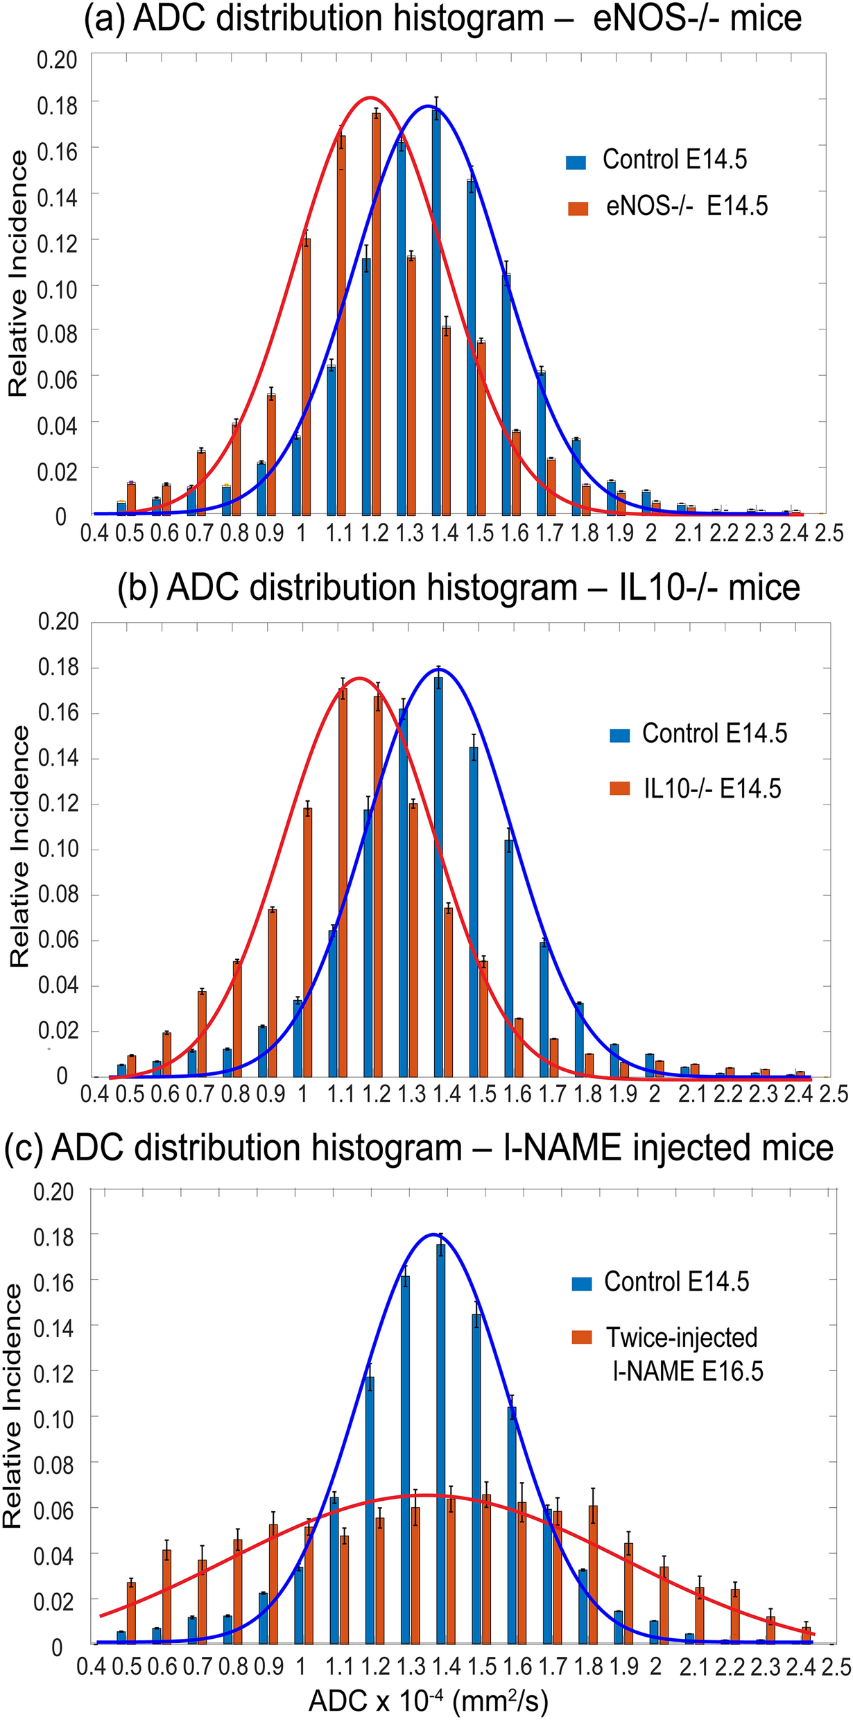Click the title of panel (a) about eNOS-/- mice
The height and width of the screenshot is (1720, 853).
(442, 19)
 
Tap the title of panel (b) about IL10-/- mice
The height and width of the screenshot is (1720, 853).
(458, 587)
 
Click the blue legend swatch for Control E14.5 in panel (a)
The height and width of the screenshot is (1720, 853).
(576, 162)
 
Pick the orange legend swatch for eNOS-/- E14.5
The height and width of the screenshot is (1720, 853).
(577, 208)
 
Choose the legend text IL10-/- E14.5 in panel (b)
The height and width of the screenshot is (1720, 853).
(712, 789)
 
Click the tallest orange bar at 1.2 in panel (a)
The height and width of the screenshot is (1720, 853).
(376, 312)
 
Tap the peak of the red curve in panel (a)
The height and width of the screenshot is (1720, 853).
(370, 98)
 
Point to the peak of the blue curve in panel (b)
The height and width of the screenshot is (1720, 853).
(440, 669)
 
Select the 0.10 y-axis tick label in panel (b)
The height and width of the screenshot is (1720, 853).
(57, 850)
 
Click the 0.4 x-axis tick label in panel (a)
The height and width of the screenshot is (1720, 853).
(95, 533)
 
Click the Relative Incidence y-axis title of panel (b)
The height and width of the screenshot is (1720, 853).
(19, 848)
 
